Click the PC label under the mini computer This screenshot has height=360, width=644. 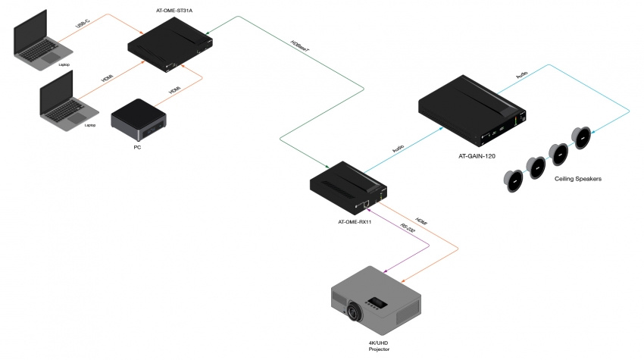[x=137, y=147]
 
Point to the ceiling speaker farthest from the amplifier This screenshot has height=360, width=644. [x=512, y=180]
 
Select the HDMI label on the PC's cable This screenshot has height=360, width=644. [x=175, y=90]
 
